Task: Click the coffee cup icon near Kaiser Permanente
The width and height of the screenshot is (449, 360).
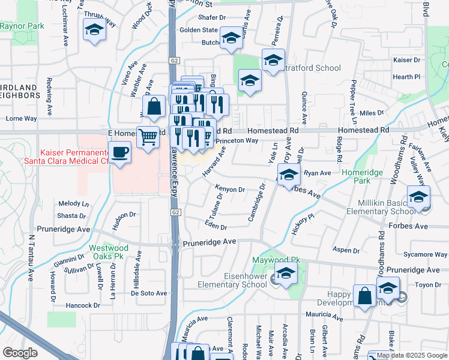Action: (x=120, y=152)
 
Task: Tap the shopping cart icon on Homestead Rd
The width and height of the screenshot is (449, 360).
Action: (x=148, y=137)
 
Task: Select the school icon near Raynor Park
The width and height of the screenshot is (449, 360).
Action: (x=94, y=29)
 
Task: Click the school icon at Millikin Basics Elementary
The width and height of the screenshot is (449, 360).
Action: (x=418, y=196)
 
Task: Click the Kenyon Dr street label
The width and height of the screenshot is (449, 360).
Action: (x=231, y=190)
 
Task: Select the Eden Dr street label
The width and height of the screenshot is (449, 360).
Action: (x=215, y=227)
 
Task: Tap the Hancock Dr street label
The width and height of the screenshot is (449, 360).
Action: (x=78, y=305)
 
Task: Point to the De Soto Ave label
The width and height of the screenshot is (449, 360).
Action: (x=148, y=293)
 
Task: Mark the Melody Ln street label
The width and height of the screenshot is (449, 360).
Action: (x=73, y=203)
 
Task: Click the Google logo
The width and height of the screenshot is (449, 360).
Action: (x=20, y=352)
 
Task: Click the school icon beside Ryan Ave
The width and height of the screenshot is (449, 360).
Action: (x=289, y=175)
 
